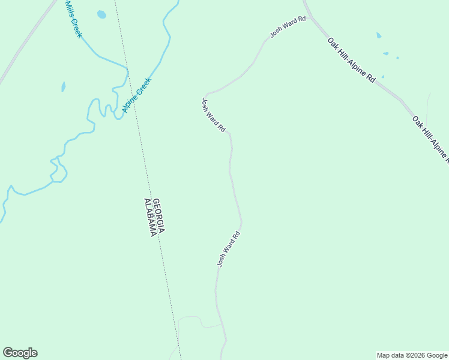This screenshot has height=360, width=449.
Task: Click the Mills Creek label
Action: coord(73,19)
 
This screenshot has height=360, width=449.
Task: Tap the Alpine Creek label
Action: coord(137,95)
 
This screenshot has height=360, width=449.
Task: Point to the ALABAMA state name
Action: coord(150,217)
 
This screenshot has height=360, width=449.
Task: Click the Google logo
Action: coord(20,353)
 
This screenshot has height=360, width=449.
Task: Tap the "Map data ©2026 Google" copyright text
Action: coord(412,355)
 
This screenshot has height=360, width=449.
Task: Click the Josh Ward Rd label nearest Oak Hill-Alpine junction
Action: coord(288,28)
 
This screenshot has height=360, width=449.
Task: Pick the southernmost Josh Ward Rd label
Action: coord(229,248)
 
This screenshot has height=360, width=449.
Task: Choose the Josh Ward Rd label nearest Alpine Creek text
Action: coord(213,115)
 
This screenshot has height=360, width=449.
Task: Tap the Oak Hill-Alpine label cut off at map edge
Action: coord(430,139)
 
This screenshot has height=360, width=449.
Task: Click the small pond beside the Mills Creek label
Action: coord(101,14)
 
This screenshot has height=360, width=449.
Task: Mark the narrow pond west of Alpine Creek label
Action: coord(63,86)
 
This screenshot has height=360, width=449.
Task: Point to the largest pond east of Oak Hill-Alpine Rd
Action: coord(378,35)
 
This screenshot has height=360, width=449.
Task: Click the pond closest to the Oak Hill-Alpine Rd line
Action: coord(383,76)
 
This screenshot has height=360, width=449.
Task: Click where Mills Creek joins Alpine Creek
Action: coord(127,70)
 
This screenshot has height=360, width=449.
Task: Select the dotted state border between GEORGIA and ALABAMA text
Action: coord(153,217)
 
